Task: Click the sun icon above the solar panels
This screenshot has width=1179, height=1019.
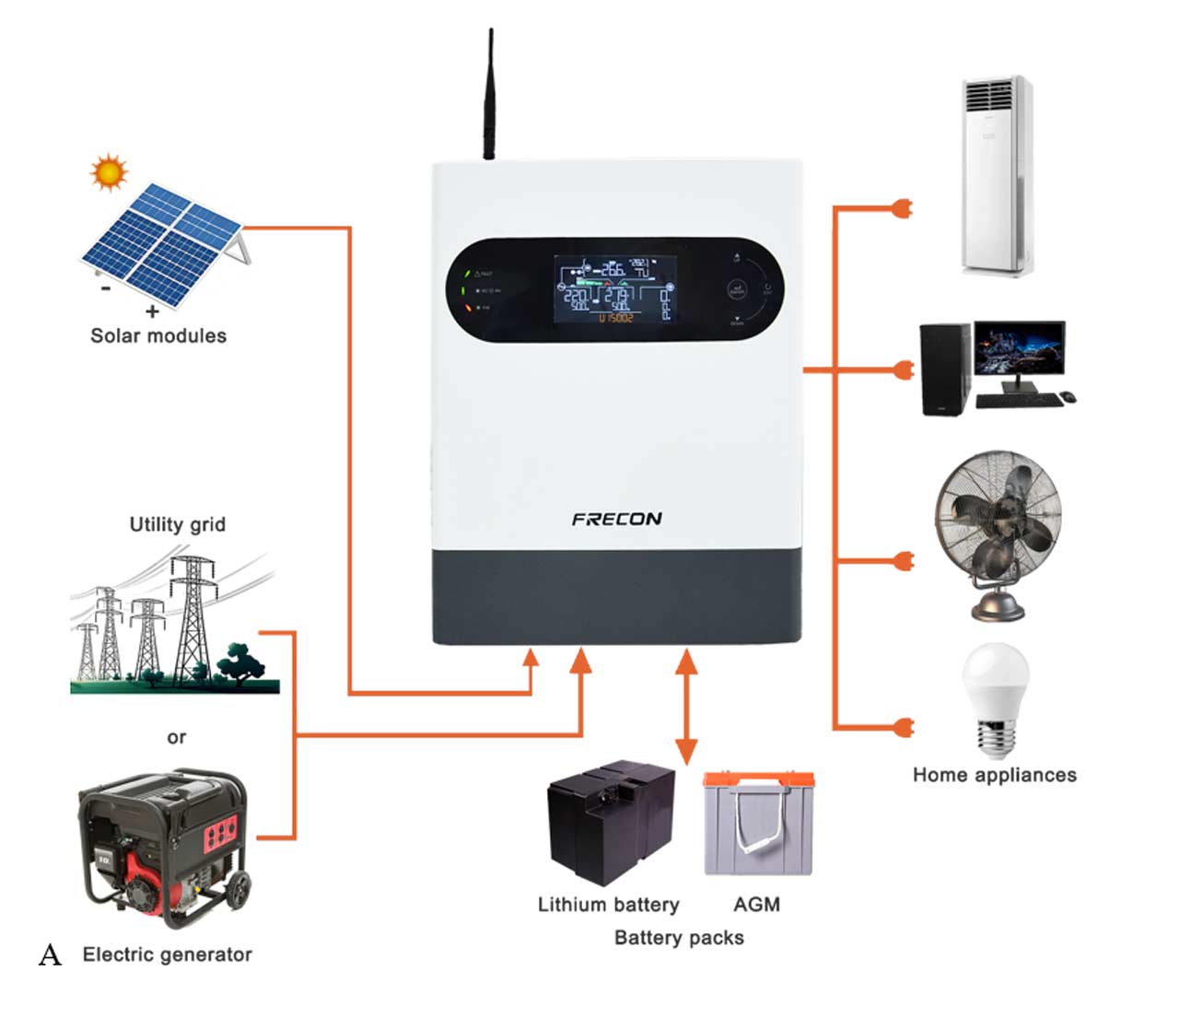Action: click(x=109, y=172)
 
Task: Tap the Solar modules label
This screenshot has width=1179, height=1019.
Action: click(x=158, y=336)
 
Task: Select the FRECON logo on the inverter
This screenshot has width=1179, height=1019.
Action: click(x=616, y=519)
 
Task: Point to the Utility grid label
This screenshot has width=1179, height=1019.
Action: click(x=177, y=524)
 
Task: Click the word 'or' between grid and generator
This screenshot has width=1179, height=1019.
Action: click(x=177, y=737)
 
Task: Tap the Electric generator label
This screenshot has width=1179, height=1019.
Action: click(x=167, y=955)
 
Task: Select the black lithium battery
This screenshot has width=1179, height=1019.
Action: click(x=611, y=821)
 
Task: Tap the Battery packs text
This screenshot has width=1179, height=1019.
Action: click(x=679, y=938)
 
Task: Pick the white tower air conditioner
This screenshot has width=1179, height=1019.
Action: click(x=996, y=175)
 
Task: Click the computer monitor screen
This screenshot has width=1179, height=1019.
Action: click(x=1020, y=348)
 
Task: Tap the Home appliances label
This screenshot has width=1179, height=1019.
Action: click(x=994, y=775)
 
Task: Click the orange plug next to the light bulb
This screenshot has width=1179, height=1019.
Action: click(x=904, y=727)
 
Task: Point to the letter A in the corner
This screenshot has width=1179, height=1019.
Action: click(x=50, y=955)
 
